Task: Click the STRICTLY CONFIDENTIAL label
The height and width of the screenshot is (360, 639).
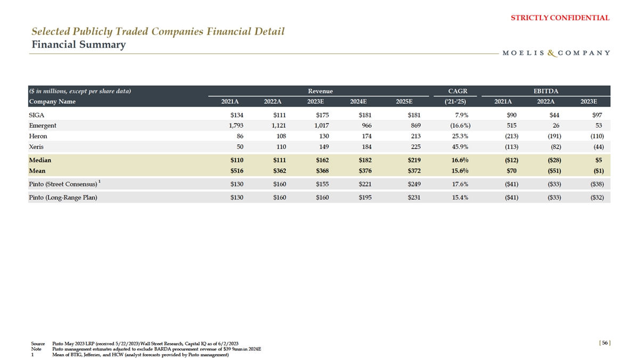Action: (560, 18)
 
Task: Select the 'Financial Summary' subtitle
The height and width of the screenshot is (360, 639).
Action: (79, 44)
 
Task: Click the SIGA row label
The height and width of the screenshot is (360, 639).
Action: (37, 114)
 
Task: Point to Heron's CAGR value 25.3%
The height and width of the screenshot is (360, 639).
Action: (458, 136)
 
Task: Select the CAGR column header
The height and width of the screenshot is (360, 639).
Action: (458, 91)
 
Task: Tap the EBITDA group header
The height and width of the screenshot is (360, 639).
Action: (546, 91)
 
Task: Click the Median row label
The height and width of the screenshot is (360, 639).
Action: (40, 160)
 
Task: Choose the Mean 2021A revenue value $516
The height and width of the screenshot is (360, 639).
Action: (236, 171)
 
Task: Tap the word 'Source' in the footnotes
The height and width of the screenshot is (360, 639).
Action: (38, 344)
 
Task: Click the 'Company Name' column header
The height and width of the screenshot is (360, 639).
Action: (52, 101)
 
